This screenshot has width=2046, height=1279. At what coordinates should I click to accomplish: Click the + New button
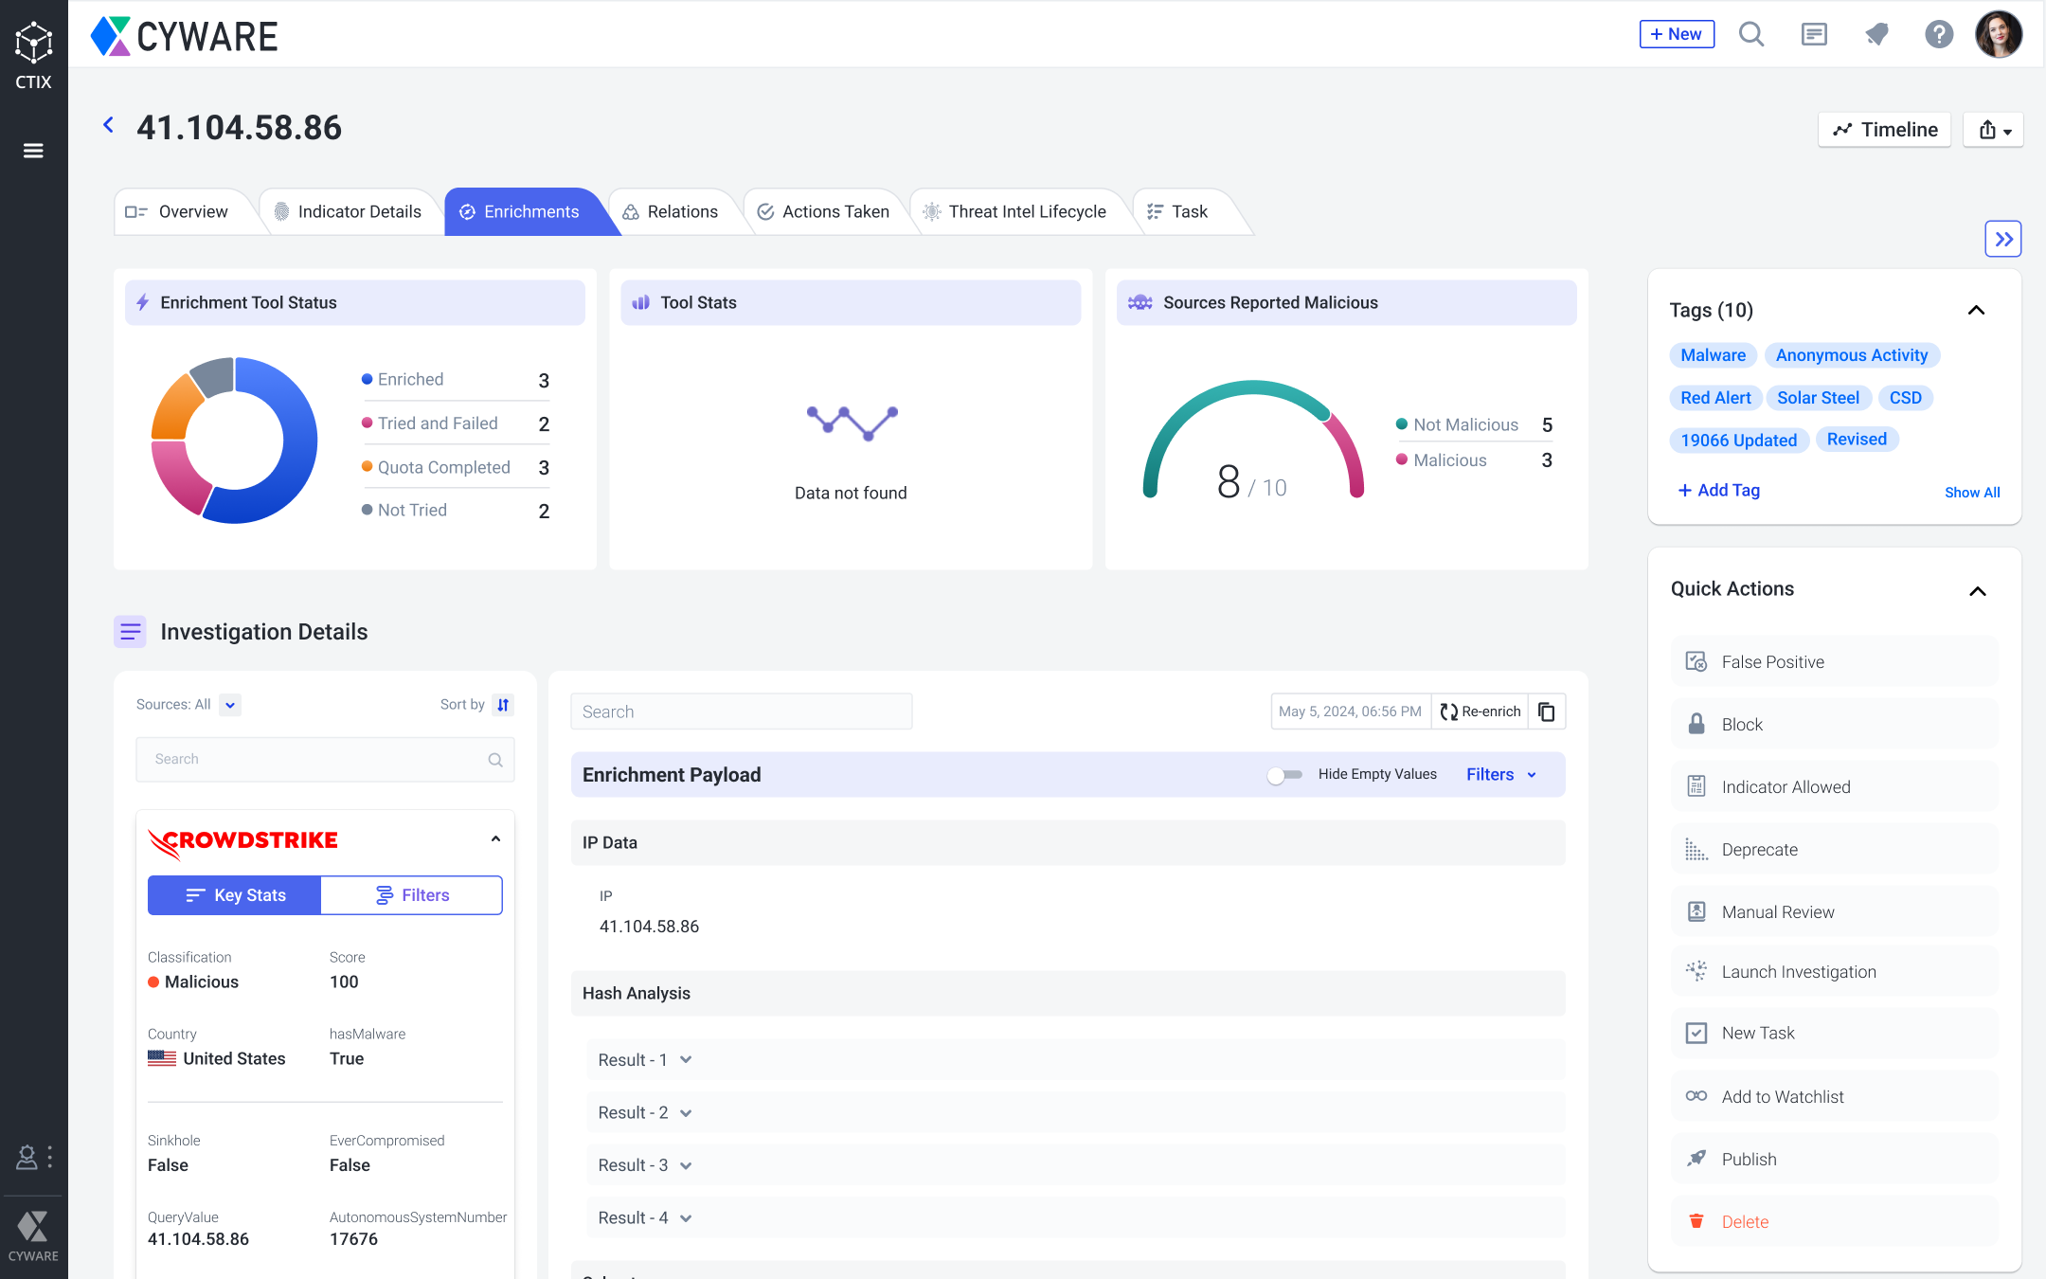click(x=1676, y=34)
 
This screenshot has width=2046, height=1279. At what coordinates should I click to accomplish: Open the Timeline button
click(x=1884, y=130)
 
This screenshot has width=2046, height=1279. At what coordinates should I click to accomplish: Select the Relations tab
click(x=671, y=212)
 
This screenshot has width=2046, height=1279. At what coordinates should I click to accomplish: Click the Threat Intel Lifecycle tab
click(x=1015, y=212)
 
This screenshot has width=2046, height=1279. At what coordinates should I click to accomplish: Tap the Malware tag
click(x=1713, y=355)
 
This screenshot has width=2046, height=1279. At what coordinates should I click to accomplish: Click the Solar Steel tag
click(x=1817, y=398)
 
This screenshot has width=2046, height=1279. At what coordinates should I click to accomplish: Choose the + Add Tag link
click(x=1718, y=490)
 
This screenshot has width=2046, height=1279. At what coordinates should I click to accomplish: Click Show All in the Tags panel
click(x=1972, y=492)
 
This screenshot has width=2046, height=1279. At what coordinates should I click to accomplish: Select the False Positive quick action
click(x=1771, y=662)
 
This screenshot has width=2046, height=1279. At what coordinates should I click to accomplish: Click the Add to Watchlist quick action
click(x=1782, y=1097)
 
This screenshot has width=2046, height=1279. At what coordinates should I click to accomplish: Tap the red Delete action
click(x=1744, y=1222)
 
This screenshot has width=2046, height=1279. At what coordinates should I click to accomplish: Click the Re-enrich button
click(x=1481, y=712)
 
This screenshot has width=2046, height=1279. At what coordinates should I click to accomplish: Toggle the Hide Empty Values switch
click(x=1284, y=775)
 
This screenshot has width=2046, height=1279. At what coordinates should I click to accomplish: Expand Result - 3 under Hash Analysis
click(x=644, y=1165)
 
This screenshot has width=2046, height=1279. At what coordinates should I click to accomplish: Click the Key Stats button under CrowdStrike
click(x=235, y=895)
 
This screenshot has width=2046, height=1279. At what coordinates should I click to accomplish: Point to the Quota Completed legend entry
click(x=443, y=467)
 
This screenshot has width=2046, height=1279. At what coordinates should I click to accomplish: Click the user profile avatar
click(x=1999, y=34)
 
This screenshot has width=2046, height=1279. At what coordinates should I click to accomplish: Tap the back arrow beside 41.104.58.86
click(x=109, y=125)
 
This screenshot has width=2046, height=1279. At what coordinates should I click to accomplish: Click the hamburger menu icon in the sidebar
click(x=33, y=151)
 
